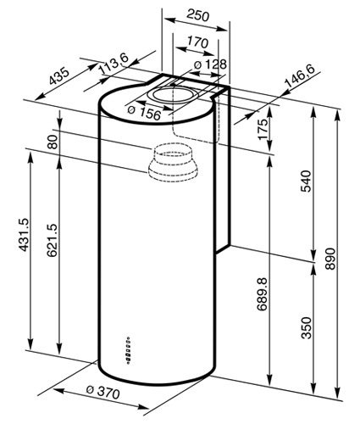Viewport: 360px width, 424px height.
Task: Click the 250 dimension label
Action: [x=198, y=15]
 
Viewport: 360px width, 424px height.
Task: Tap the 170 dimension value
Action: [x=197, y=42]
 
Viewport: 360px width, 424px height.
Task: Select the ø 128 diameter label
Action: [x=211, y=64]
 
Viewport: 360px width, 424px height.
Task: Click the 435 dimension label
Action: [x=59, y=76]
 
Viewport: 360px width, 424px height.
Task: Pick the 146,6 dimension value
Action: [x=300, y=78]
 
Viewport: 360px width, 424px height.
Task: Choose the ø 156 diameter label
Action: [x=144, y=113]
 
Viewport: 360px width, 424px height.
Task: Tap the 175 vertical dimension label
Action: [x=263, y=129]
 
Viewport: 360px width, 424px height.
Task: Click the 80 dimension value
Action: [x=53, y=142]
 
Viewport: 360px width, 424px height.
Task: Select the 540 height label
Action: [x=306, y=181]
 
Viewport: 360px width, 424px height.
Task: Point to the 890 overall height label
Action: [x=330, y=259]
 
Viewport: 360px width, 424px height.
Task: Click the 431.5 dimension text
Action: [x=23, y=234]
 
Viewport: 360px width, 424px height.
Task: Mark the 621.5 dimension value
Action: [x=52, y=240]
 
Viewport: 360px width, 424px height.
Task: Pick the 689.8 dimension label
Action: [x=262, y=294]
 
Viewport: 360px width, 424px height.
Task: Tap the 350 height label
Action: [x=307, y=327]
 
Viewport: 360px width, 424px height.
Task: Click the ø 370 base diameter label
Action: [x=103, y=392]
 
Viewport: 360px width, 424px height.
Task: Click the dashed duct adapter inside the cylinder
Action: [x=172, y=163]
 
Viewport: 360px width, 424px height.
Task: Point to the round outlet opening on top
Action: [x=173, y=95]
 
